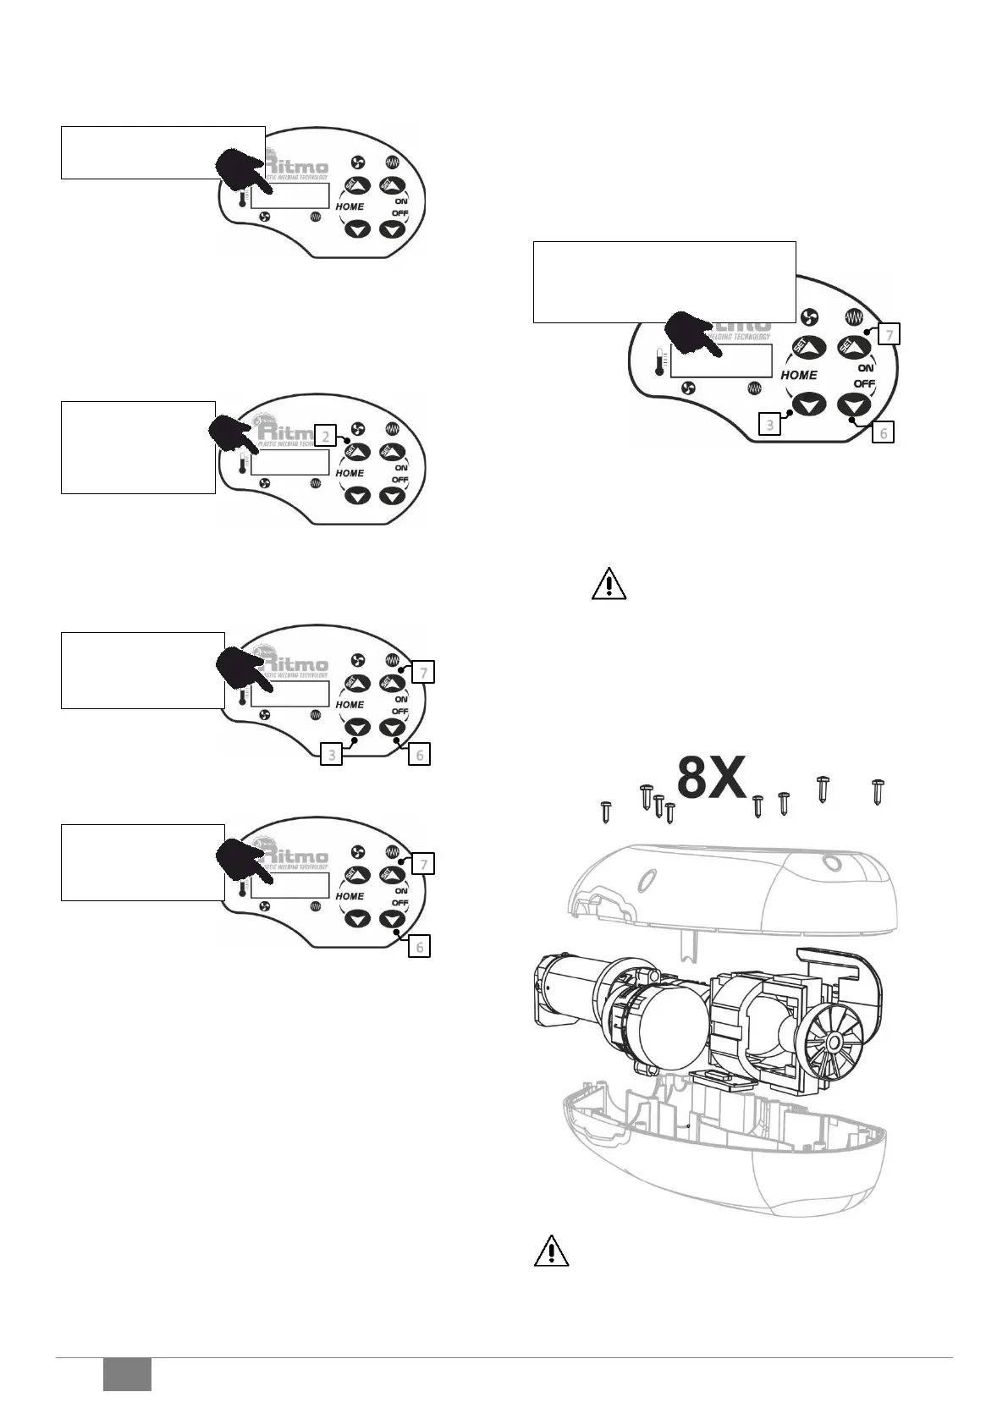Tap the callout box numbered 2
(325, 436)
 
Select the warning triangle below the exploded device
(550, 1250)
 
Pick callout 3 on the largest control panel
(769, 423)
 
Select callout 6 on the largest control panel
(882, 432)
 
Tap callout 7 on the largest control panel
(888, 334)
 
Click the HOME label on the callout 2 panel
(350, 473)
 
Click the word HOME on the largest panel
(799, 375)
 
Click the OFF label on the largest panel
(863, 384)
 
